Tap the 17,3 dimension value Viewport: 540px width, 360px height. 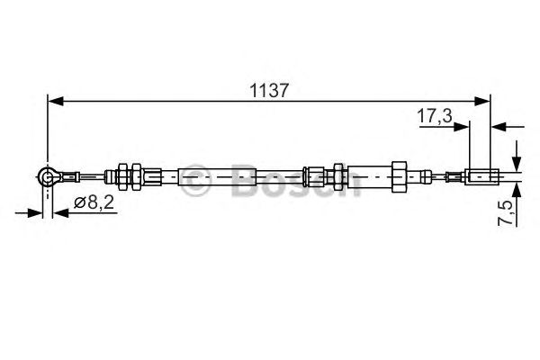435,115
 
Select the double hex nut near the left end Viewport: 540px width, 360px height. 126,176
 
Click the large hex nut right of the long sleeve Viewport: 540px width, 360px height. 397,176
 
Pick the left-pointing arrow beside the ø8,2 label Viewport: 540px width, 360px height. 61,213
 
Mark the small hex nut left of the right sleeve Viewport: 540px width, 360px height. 337,176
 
